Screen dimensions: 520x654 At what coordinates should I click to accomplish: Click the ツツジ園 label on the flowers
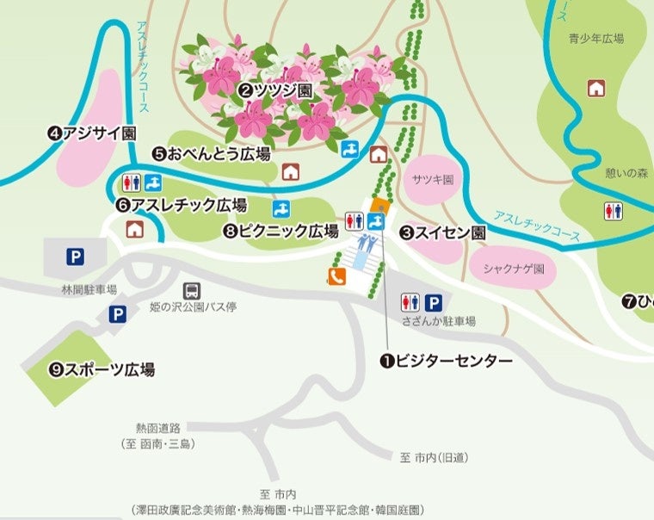(x=275, y=90)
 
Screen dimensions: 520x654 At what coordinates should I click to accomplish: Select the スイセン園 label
(x=443, y=232)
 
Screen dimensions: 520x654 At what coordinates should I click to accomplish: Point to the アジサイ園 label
(x=92, y=133)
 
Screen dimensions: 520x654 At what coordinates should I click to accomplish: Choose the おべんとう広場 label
(x=211, y=154)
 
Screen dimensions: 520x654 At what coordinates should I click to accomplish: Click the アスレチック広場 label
(x=182, y=206)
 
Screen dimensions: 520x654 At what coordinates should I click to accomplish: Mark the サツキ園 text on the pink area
(x=432, y=181)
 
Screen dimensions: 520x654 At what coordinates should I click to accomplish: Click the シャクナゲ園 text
(x=514, y=269)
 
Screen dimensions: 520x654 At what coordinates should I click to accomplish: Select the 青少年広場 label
(x=595, y=38)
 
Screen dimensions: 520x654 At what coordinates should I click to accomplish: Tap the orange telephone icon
(x=336, y=276)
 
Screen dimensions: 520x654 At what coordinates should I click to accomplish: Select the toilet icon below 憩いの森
(x=614, y=209)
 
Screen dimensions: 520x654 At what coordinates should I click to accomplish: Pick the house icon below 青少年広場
(x=595, y=87)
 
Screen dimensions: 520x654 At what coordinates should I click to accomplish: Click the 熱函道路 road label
(x=158, y=427)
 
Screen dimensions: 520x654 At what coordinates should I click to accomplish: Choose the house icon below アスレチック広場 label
(x=134, y=229)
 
